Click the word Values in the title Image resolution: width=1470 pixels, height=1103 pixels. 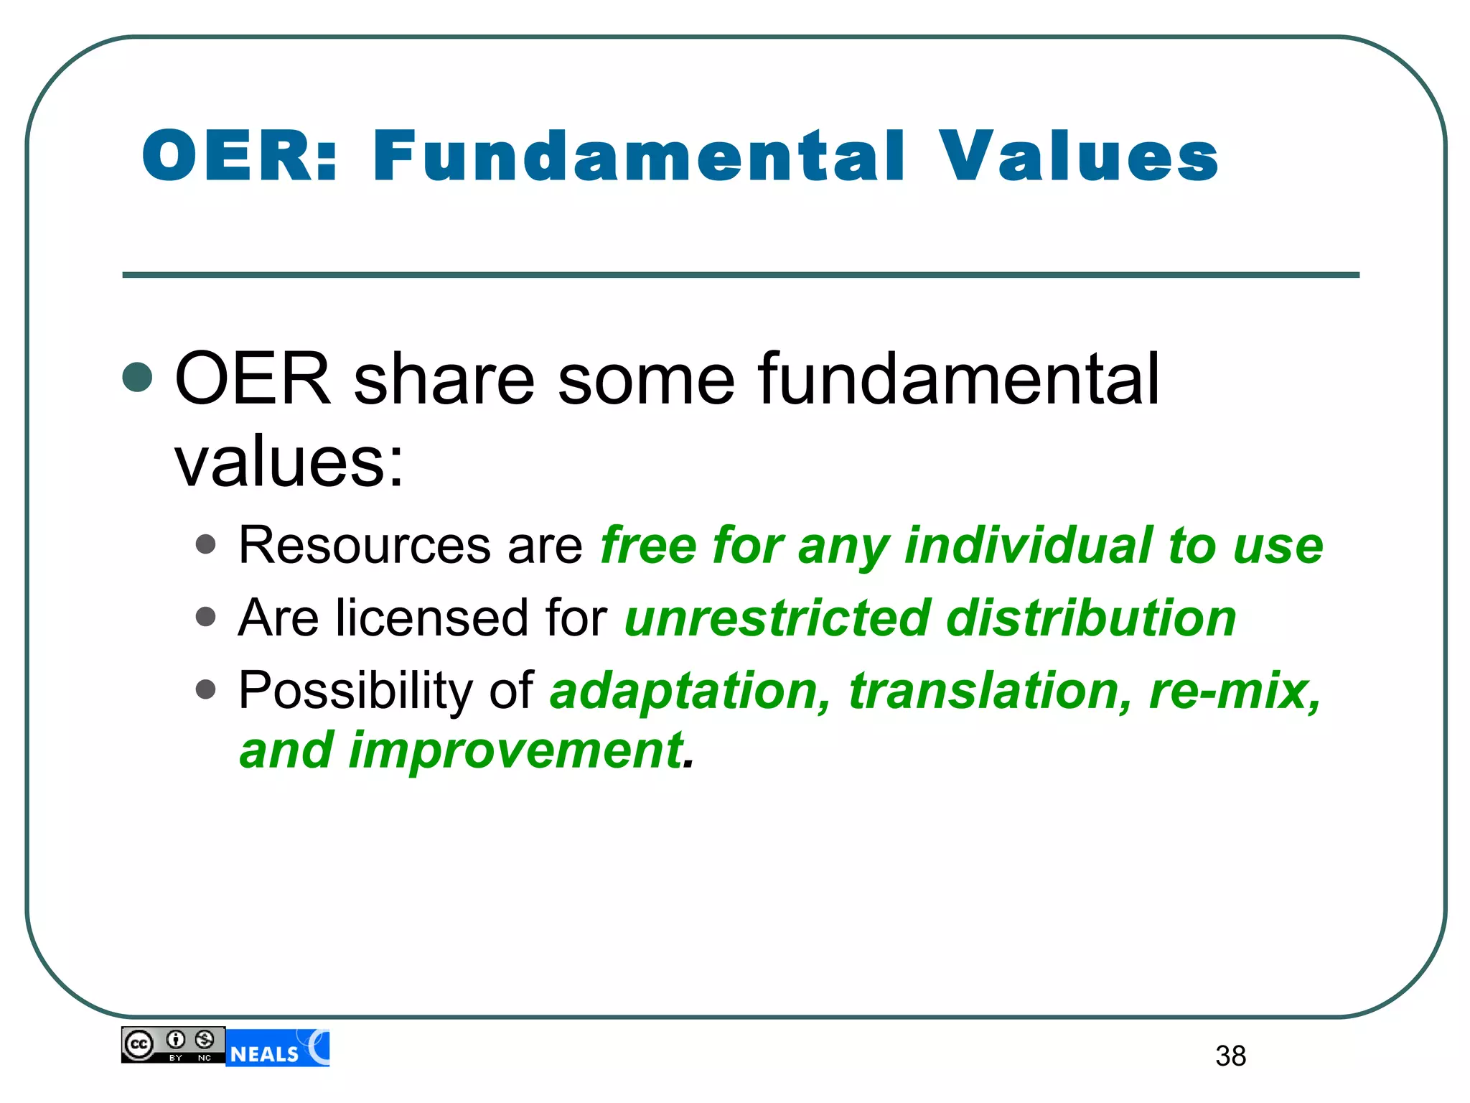(1078, 156)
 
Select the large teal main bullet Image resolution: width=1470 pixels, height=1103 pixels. (137, 378)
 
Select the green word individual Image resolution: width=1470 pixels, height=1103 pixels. (1027, 546)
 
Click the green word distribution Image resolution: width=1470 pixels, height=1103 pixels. (1090, 618)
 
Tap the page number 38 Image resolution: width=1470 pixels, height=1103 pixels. (1230, 1056)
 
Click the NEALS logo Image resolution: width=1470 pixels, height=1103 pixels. (278, 1048)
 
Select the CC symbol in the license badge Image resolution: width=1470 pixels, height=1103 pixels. (139, 1045)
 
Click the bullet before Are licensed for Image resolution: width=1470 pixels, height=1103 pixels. (206, 617)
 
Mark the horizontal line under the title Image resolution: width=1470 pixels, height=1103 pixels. (740, 275)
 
